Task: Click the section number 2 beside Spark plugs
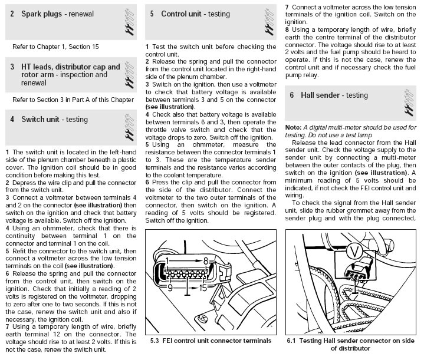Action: coord(12,12)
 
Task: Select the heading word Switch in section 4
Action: coord(34,119)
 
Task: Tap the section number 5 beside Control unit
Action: coord(152,13)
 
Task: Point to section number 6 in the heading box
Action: coord(291,94)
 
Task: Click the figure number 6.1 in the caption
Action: coord(292,340)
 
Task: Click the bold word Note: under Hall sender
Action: coord(293,127)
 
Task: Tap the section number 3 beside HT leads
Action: coord(12,67)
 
